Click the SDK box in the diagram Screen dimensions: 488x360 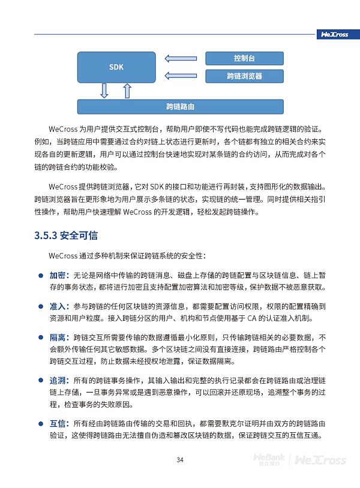click(116, 67)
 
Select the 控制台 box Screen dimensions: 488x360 click(244, 58)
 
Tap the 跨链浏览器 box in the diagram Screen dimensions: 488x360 click(244, 76)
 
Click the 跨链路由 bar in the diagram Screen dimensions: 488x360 click(180, 107)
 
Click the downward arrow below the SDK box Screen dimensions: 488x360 click(104, 91)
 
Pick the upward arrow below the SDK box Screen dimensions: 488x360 click(127, 91)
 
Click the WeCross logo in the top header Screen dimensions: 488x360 click(334, 34)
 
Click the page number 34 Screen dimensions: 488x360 click(179, 460)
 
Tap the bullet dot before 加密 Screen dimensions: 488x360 click(40, 276)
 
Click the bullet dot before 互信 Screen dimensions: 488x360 click(40, 424)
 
